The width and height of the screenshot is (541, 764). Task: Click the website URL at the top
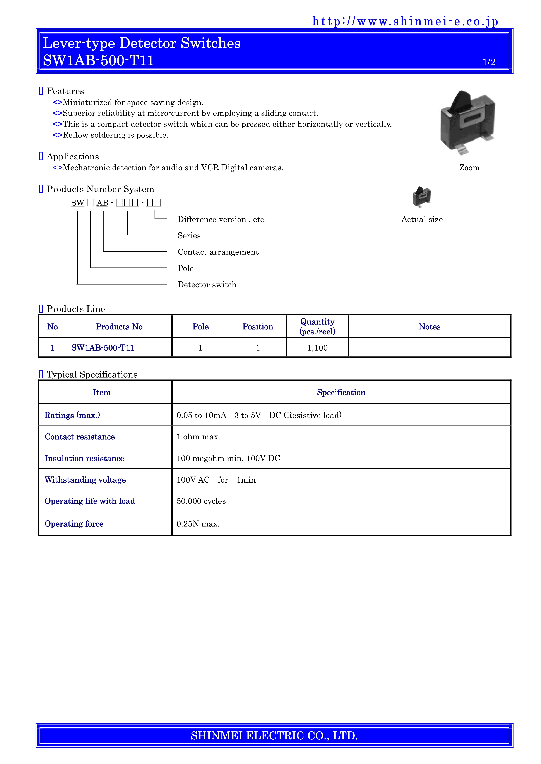pyautogui.click(x=405, y=22)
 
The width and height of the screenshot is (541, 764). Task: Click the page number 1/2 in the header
pyautogui.click(x=489, y=62)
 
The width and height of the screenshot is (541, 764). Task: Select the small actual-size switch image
pyautogui.click(x=421, y=197)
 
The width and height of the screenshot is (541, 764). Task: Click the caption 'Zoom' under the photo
pyautogui.click(x=469, y=168)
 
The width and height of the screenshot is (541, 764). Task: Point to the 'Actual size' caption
pyautogui.click(x=422, y=219)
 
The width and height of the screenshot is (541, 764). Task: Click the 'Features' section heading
pyautogui.click(x=65, y=91)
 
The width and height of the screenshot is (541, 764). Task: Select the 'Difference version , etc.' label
pyautogui.click(x=222, y=219)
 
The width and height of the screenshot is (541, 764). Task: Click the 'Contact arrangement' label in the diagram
pyautogui.click(x=218, y=252)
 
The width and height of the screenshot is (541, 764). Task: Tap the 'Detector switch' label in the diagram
pyautogui.click(x=207, y=285)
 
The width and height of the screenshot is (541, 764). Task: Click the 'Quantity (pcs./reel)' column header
pyautogui.click(x=317, y=326)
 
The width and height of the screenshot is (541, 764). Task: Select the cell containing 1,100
pyautogui.click(x=317, y=348)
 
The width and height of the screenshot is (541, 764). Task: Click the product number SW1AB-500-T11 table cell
pyautogui.click(x=103, y=348)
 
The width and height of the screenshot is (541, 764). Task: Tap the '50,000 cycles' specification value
pyautogui.click(x=201, y=501)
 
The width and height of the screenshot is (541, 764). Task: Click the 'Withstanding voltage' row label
pyautogui.click(x=85, y=480)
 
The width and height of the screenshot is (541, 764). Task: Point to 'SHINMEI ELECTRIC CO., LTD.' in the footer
pyautogui.click(x=274, y=735)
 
